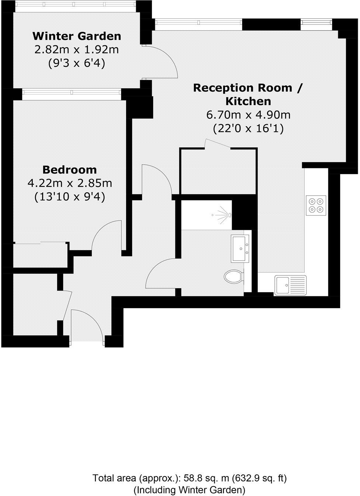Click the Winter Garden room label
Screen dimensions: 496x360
pyautogui.click(x=77, y=36)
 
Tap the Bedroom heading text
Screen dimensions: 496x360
pyautogui.click(x=70, y=170)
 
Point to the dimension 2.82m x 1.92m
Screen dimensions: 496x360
pyautogui.click(x=77, y=50)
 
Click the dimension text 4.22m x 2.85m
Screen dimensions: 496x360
pyautogui.click(x=70, y=183)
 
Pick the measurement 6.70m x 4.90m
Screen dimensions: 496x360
pyautogui.click(x=248, y=115)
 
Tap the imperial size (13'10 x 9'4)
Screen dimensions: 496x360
pyautogui.click(x=70, y=197)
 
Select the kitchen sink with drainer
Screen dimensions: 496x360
pyautogui.click(x=290, y=285)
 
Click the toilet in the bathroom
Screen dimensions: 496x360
pyautogui.click(x=233, y=276)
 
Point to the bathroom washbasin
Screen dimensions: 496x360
pyautogui.click(x=241, y=249)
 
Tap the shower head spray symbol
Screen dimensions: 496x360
pyautogui.click(x=223, y=214)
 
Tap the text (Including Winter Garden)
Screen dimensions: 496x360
pyautogui.click(x=189, y=490)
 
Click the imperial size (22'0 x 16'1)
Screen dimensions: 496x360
pyautogui.click(x=248, y=128)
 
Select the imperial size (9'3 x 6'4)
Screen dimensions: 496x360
pyautogui.click(x=77, y=63)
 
